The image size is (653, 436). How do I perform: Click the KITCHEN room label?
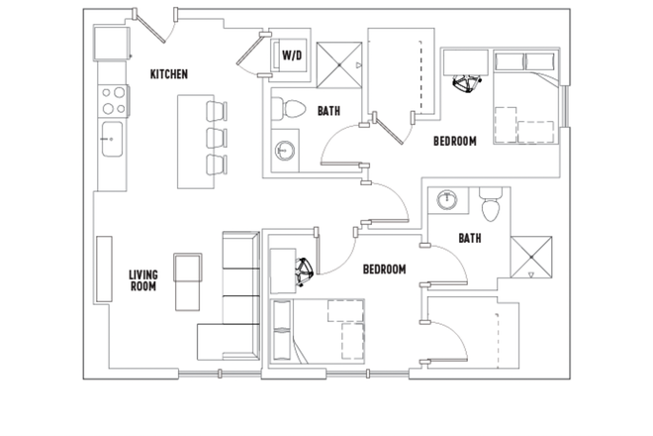(x=169, y=74)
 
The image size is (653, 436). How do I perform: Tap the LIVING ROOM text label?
(x=144, y=280)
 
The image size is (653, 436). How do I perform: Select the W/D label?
(x=292, y=56)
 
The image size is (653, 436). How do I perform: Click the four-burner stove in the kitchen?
(x=112, y=99)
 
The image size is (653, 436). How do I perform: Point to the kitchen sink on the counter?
(x=111, y=140)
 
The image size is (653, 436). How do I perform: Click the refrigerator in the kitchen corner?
(x=110, y=44)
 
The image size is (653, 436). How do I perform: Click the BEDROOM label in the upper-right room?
(x=455, y=142)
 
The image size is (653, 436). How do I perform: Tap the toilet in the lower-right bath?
(x=491, y=207)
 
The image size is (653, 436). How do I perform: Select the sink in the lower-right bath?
(x=447, y=199)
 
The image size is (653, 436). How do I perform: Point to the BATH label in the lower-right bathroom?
(x=470, y=238)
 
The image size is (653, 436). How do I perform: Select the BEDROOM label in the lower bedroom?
(x=384, y=270)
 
